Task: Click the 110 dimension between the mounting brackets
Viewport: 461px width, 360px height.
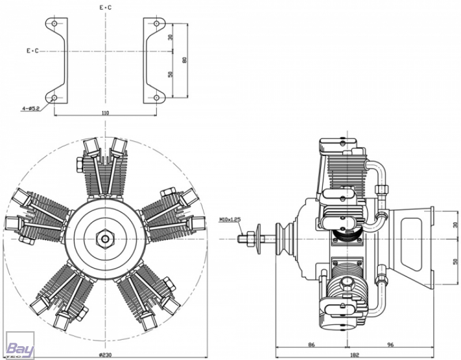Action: click(105, 112)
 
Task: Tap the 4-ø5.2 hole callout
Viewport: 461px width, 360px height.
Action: click(31, 108)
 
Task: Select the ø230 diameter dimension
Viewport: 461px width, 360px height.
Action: click(105, 355)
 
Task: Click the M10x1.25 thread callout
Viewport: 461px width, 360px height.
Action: click(230, 219)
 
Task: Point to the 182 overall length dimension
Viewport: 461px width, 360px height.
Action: click(355, 355)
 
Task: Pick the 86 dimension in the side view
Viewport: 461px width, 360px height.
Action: click(311, 344)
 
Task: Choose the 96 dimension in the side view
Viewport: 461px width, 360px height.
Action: click(391, 344)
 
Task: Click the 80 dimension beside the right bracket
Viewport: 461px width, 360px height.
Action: click(184, 60)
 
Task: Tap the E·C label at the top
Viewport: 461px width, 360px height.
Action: click(105, 7)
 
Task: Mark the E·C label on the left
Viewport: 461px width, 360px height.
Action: click(33, 51)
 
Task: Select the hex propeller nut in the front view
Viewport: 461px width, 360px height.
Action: click(105, 238)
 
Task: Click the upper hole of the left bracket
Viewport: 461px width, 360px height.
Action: click(54, 24)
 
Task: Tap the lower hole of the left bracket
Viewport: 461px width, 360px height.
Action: click(54, 97)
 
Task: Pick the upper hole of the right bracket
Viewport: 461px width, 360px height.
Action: click(157, 24)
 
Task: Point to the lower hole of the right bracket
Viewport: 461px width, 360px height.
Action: click(157, 97)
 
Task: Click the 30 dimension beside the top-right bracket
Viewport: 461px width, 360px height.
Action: click(171, 37)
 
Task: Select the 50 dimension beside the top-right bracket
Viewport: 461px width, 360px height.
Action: click(171, 74)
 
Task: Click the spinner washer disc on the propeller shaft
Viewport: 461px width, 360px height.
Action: click(259, 238)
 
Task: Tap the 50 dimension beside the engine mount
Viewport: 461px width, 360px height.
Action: click(455, 262)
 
